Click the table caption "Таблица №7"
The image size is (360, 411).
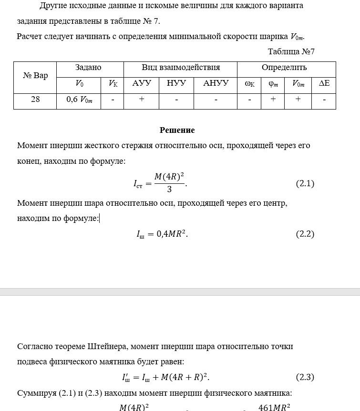tap(291, 51)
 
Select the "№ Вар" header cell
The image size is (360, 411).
tap(35, 75)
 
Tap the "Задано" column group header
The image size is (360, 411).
tap(88, 68)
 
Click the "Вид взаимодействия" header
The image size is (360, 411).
tap(181, 68)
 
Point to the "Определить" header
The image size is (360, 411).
tap(284, 68)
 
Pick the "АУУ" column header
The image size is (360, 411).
tap(142, 83)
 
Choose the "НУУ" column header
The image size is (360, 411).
tap(176, 83)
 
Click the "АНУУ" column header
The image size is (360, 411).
tap(216, 83)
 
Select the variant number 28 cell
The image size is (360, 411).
tap(35, 100)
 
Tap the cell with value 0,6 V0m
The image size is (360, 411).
tap(79, 100)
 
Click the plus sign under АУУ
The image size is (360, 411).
tap(142, 99)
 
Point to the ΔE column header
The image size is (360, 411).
tap(324, 84)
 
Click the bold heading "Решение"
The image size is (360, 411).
tap(177, 130)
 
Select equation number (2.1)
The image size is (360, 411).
tap(305, 183)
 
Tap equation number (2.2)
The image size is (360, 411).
tap(305, 234)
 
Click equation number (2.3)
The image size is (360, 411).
tap(305, 377)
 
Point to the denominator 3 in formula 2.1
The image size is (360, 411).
tap(169, 190)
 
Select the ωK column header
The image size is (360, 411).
tap(249, 84)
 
